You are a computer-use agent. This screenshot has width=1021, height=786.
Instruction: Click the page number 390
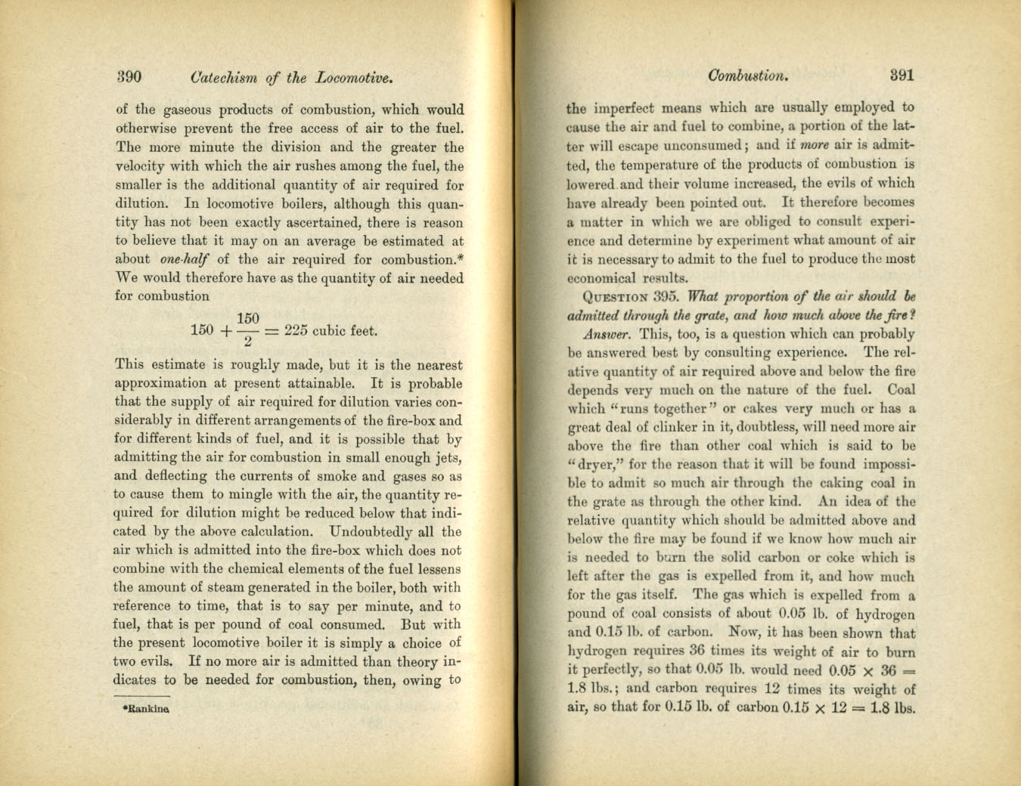[x=129, y=77]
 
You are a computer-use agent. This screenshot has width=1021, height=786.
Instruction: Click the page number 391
[x=902, y=75]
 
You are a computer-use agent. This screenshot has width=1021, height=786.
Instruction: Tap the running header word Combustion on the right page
[x=748, y=76]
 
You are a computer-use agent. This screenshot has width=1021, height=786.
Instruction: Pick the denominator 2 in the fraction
[x=247, y=342]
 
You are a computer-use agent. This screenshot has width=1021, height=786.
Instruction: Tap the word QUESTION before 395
[x=616, y=297]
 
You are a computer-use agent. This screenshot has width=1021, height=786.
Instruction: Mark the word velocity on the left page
[x=139, y=166]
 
